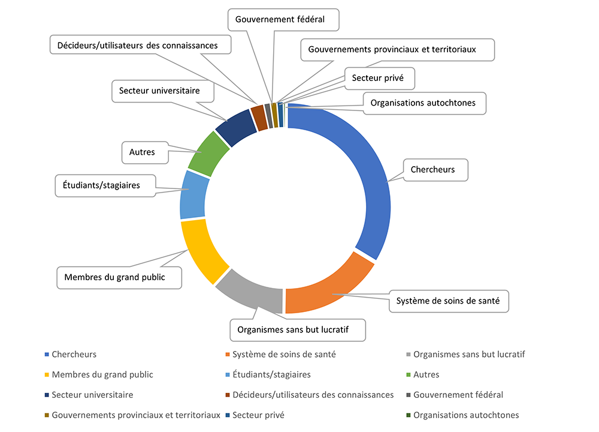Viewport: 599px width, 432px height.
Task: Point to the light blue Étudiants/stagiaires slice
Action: (x=193, y=195)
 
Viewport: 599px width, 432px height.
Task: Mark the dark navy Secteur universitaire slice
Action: (x=237, y=127)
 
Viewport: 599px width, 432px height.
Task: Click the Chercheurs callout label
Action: (x=435, y=170)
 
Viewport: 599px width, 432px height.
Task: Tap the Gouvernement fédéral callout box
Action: (x=283, y=20)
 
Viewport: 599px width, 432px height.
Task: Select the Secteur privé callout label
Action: (x=380, y=79)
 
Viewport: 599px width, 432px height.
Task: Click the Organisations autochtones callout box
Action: (x=425, y=103)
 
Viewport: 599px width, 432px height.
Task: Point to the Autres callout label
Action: (x=145, y=152)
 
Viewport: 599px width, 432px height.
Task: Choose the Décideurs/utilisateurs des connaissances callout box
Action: (x=141, y=45)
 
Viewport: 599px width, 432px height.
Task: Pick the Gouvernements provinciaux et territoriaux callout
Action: (x=398, y=50)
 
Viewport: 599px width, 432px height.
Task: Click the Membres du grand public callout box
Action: (x=119, y=277)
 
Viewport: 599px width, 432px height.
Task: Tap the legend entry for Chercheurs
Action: (x=71, y=355)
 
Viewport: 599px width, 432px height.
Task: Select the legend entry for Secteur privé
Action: (x=255, y=415)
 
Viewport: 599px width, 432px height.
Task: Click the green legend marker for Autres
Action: (x=409, y=374)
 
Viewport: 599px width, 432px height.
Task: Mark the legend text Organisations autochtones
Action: (x=466, y=415)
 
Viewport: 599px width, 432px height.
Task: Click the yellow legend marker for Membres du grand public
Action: (x=47, y=374)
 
